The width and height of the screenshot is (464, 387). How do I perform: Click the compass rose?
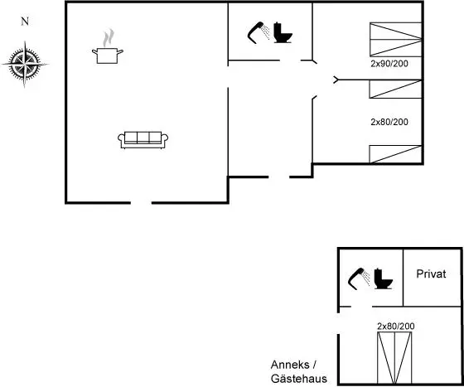click(x=25, y=64)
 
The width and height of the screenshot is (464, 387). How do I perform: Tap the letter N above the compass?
click(x=25, y=22)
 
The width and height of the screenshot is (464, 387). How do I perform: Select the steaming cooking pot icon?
click(x=108, y=46)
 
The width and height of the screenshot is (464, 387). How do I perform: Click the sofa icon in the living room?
click(x=143, y=140)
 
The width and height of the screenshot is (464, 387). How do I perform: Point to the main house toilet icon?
click(x=283, y=32)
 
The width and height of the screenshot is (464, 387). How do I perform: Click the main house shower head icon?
click(x=259, y=32)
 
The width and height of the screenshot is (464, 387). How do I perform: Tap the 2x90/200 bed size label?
click(x=389, y=64)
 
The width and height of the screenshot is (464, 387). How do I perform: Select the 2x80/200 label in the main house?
click(x=389, y=122)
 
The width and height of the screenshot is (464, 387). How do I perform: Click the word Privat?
click(x=431, y=274)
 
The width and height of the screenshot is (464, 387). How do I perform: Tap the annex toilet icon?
click(x=383, y=278)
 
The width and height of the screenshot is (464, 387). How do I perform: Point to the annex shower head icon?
click(x=359, y=278)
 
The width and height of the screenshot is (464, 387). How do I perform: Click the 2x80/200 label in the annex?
click(x=396, y=326)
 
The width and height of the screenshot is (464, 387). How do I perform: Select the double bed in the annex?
click(x=394, y=358)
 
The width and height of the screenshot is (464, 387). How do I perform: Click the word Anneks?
click(x=290, y=365)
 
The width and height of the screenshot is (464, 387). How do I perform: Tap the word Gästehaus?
click(x=299, y=379)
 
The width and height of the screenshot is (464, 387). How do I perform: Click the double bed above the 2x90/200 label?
click(x=396, y=39)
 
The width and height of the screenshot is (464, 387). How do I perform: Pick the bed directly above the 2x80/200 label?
click(x=395, y=89)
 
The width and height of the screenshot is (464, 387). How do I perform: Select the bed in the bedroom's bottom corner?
click(x=395, y=154)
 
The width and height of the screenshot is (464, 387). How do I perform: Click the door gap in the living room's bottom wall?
click(x=141, y=203)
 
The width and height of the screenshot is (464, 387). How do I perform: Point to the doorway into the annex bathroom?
click(x=361, y=307)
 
